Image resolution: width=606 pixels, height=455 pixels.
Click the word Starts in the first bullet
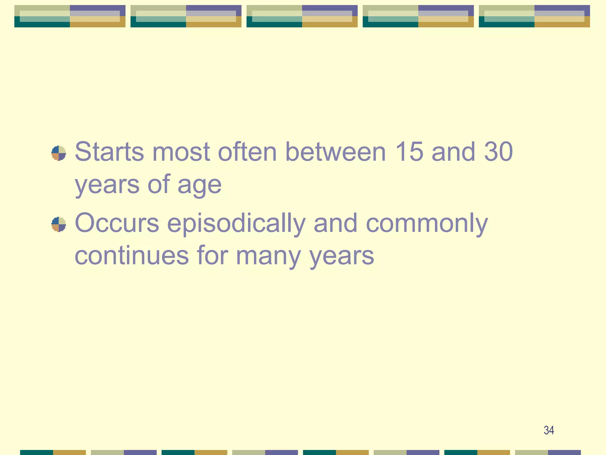pyautogui.click(x=109, y=152)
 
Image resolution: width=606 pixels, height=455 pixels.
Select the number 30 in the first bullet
pyautogui.click(x=498, y=152)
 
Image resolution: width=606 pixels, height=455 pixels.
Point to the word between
pyautogui.click(x=336, y=152)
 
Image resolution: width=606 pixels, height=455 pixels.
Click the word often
pyautogui.click(x=247, y=152)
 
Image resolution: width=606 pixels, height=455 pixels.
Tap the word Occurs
pyautogui.click(x=117, y=223)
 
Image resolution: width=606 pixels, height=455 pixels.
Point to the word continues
pyautogui.click(x=132, y=255)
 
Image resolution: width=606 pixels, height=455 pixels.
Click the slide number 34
pyautogui.click(x=549, y=430)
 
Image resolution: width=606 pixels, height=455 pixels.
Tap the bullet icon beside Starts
pyautogui.click(x=59, y=153)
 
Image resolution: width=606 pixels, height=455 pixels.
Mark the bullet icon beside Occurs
pyautogui.click(x=59, y=224)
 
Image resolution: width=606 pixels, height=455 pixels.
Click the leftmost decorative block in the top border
pyautogui.click(x=70, y=16)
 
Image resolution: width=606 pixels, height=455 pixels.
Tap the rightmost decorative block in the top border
pyautogui.click(x=534, y=16)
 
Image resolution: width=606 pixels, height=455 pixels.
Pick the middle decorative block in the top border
pyautogui.click(x=302, y=16)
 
